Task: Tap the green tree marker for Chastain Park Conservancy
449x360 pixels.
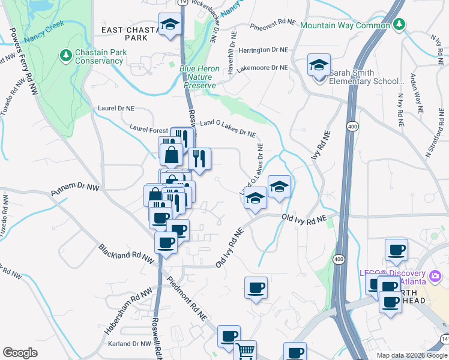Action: point(66,56)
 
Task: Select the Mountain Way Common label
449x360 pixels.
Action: point(345,25)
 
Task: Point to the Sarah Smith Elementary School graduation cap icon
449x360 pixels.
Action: point(319,65)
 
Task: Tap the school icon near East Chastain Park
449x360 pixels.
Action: point(170,25)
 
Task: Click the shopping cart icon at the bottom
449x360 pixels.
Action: point(245,352)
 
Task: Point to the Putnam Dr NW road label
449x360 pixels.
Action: point(74,190)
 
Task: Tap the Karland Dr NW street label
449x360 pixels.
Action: point(129,344)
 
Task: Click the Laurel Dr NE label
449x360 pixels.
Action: point(116,109)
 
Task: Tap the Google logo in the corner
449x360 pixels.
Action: point(20,353)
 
